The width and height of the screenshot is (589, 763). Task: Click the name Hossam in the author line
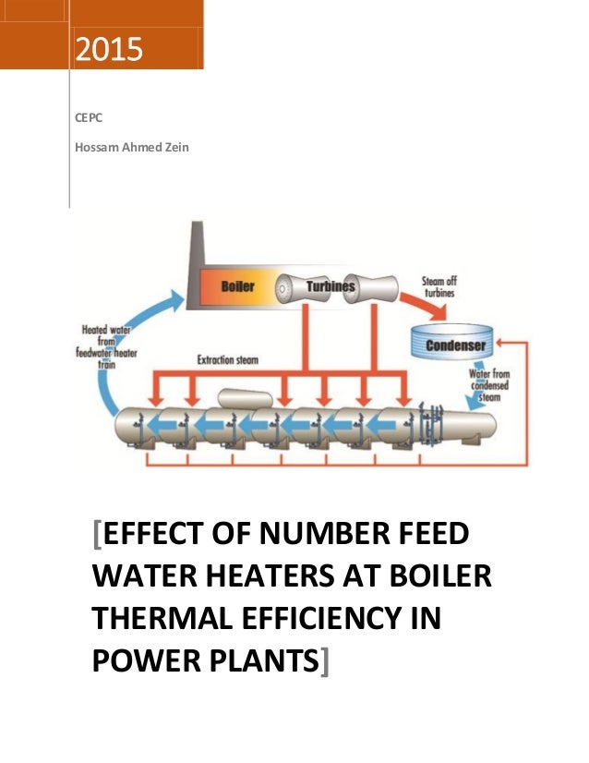[x=96, y=145]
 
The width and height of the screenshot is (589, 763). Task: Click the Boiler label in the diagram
[x=238, y=286]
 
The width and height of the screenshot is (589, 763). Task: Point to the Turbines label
[x=331, y=286]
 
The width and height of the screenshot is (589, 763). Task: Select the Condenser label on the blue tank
[x=455, y=346]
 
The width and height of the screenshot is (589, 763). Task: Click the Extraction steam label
[x=227, y=359]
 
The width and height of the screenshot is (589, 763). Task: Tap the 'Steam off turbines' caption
[x=439, y=286]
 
